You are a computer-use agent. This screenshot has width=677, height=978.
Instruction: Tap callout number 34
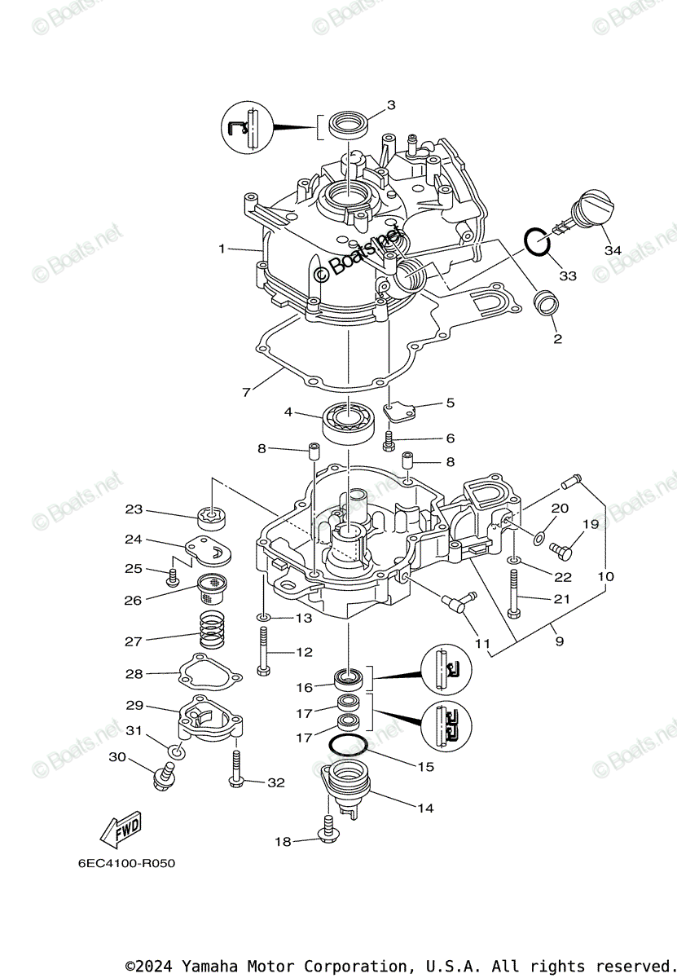(613, 250)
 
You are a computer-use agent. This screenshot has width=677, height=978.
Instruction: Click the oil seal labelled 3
(348, 127)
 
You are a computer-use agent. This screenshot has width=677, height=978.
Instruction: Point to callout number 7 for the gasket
(246, 392)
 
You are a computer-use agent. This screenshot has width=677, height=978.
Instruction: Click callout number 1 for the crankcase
(222, 249)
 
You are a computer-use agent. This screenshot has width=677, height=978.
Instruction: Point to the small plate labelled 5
(400, 412)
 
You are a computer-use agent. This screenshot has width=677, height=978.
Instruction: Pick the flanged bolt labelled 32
(236, 771)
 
